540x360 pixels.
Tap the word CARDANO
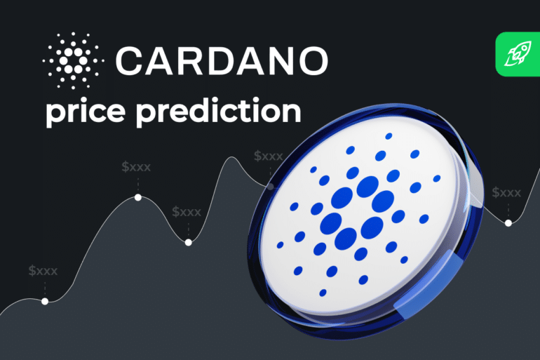pos(221,60)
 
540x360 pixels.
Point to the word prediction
pos(225,113)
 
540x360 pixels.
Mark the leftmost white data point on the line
pos(45,301)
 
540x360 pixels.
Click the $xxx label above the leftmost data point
pos(43,271)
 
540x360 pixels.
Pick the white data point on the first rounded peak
pos(138,198)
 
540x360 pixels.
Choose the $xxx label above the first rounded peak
pos(136,167)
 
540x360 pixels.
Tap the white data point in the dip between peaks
pos(188,242)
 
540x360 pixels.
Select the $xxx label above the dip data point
pos(187,211)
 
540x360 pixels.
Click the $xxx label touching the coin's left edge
pos(269,156)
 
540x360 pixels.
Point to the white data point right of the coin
pos(508,222)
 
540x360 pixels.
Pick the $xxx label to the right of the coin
pos(506,192)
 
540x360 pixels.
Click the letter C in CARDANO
pos(130,60)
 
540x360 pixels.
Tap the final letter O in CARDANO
pos(311,60)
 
